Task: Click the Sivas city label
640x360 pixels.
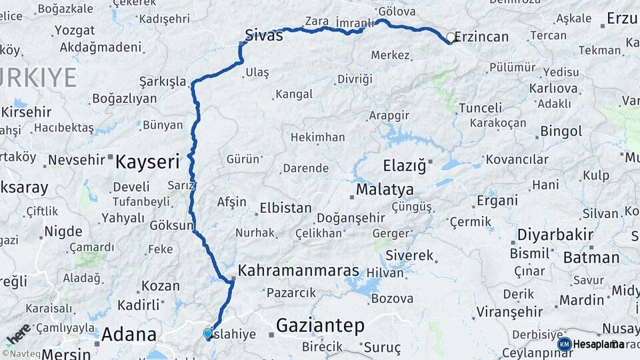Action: click(263, 35)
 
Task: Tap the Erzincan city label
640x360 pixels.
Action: click(482, 37)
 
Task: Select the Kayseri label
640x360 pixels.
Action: click(147, 161)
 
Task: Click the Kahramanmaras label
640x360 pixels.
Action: click(299, 271)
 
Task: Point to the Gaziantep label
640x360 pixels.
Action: click(320, 325)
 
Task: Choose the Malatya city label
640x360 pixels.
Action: click(385, 190)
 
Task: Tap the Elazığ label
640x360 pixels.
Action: click(403, 165)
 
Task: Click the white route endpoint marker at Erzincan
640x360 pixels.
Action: click(451, 38)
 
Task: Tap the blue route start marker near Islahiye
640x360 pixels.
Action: click(208, 333)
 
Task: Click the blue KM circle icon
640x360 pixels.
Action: click(564, 344)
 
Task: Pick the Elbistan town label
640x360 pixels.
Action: click(285, 207)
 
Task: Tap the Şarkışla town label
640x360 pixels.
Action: click(163, 82)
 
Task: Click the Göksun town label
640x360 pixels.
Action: click(171, 225)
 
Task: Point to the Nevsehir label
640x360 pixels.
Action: click(77, 160)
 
